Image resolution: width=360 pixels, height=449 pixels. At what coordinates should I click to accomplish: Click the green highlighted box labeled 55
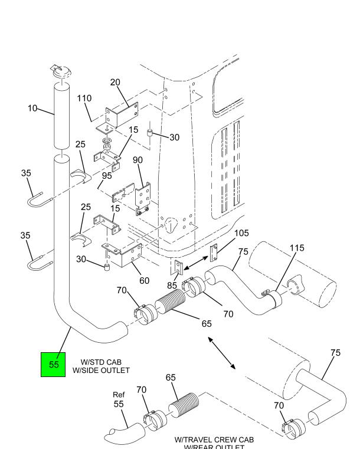tap(54, 364)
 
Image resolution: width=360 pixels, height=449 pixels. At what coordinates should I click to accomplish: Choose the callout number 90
tap(138, 161)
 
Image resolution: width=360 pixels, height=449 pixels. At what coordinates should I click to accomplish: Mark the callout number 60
tap(144, 281)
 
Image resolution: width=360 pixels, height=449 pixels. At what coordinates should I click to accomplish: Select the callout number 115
tap(297, 248)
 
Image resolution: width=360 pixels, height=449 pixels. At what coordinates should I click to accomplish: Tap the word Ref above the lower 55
tap(119, 395)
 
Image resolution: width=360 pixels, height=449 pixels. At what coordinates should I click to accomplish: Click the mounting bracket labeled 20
tap(122, 113)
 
